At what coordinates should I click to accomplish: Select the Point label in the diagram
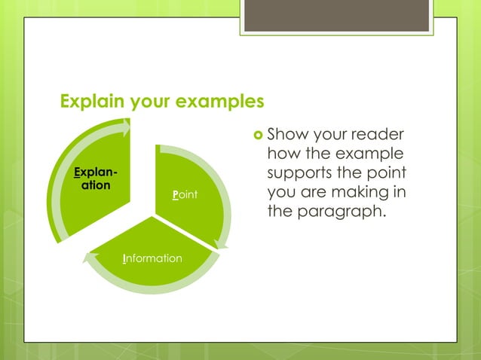pos(185,195)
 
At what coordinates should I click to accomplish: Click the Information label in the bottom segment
pos(152,258)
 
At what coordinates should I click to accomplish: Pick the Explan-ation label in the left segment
pos(96,178)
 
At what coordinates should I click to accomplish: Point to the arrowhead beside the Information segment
pos(89,257)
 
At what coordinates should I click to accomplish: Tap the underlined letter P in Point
pos(175,195)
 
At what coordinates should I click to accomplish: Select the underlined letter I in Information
pos(124,258)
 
